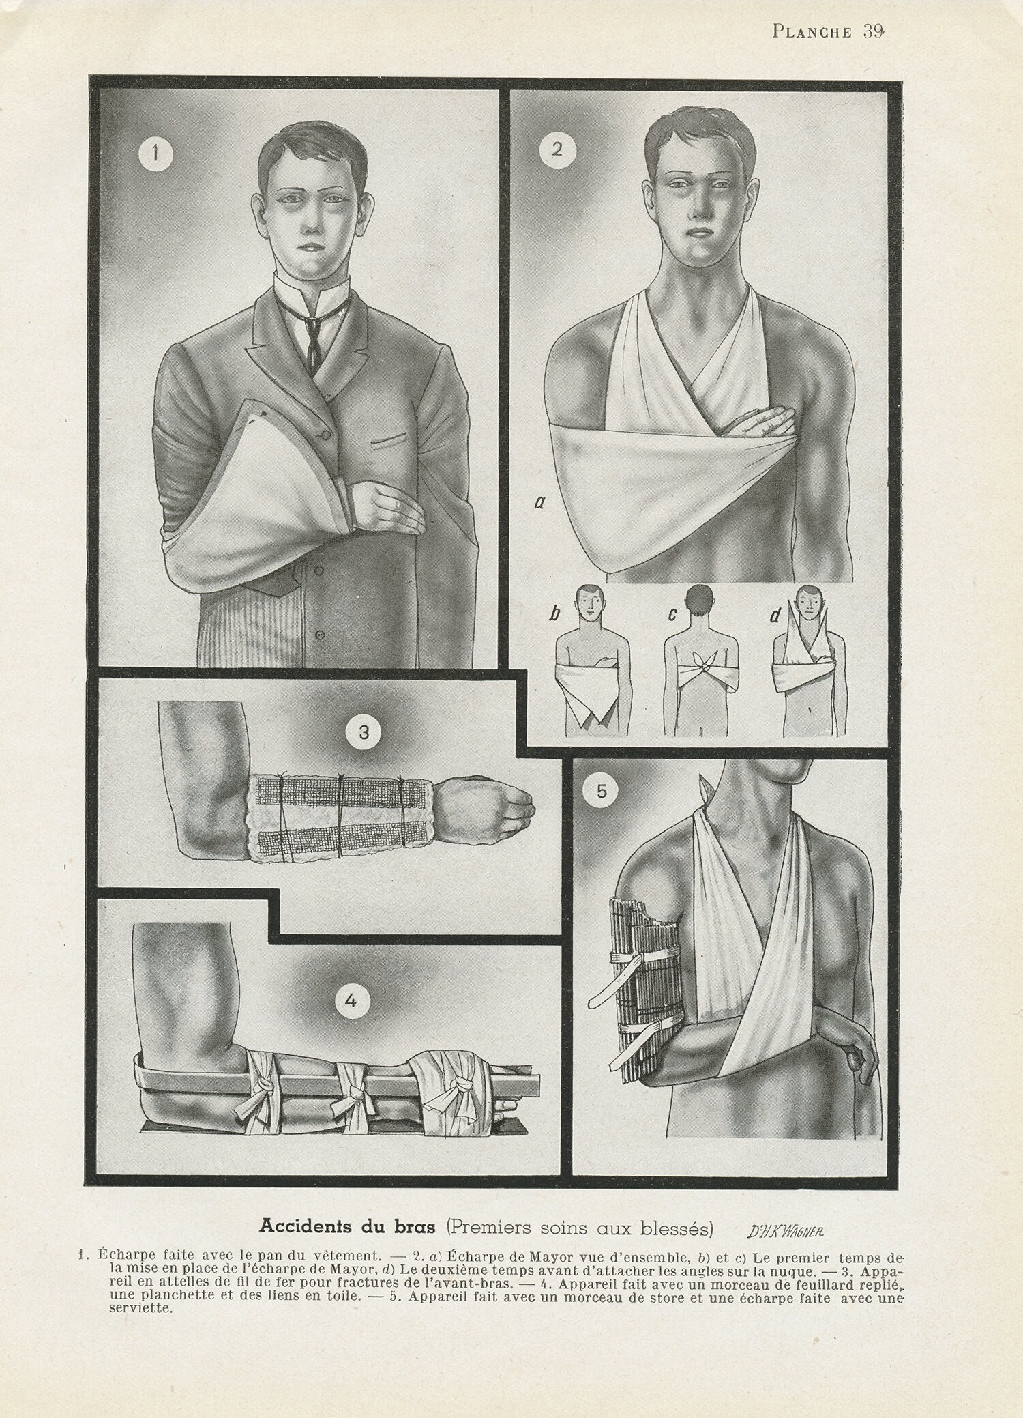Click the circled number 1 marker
pyautogui.click(x=155, y=154)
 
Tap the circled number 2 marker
pyautogui.click(x=557, y=149)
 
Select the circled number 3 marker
pyautogui.click(x=364, y=733)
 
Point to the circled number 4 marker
pyautogui.click(x=351, y=1002)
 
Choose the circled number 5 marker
pyautogui.click(x=602, y=791)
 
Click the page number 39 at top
pyautogui.click(x=874, y=31)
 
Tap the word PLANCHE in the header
pyautogui.click(x=812, y=33)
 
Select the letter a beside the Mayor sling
pyautogui.click(x=539, y=504)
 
